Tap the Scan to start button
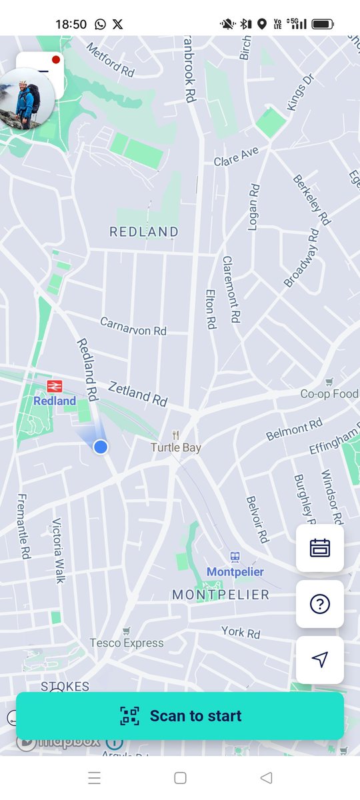180,716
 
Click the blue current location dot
101,447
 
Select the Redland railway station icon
54,386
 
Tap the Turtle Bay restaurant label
175,447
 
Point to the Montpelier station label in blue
235,571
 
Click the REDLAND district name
144,232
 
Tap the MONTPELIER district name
221,594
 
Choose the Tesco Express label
127,643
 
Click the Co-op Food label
329,394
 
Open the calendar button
320,548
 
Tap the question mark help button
320,604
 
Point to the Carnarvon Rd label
133,326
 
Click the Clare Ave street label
236,157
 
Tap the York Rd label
241,632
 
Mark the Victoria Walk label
59,550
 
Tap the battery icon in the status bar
323,24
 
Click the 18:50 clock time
71,24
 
